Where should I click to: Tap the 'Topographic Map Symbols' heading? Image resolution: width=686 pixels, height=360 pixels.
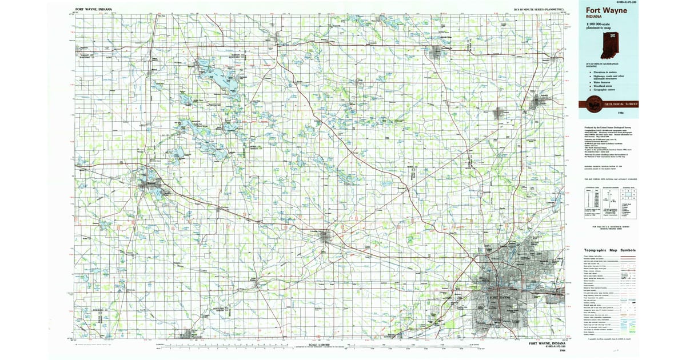(609, 250)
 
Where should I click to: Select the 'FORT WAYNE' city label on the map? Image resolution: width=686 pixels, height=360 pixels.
(499, 297)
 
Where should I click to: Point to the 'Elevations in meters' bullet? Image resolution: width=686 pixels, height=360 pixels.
(605, 72)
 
